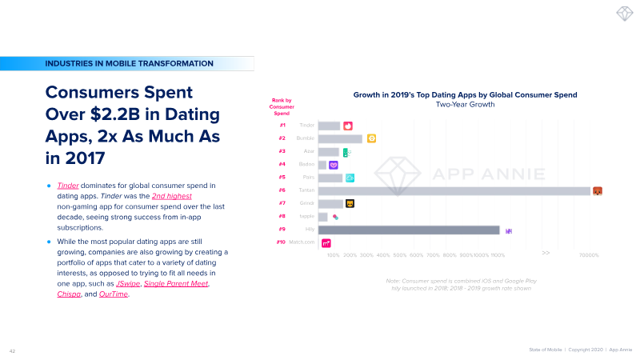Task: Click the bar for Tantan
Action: [454, 190]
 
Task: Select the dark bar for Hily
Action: [409, 230]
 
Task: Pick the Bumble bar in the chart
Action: [340, 138]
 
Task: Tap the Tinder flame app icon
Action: [348, 126]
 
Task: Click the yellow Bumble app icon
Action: [371, 138]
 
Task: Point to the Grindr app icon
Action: [350, 203]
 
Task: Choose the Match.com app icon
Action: [326, 243]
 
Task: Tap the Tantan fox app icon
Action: [597, 190]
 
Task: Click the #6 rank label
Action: [282, 190]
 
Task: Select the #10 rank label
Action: [282, 242]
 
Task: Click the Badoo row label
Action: [306, 164]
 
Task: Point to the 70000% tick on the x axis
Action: [589, 255]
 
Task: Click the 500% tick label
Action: [400, 255]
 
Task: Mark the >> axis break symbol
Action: [546, 253]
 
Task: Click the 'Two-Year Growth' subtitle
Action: [465, 105]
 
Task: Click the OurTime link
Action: [114, 294]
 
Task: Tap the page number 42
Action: [13, 350]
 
